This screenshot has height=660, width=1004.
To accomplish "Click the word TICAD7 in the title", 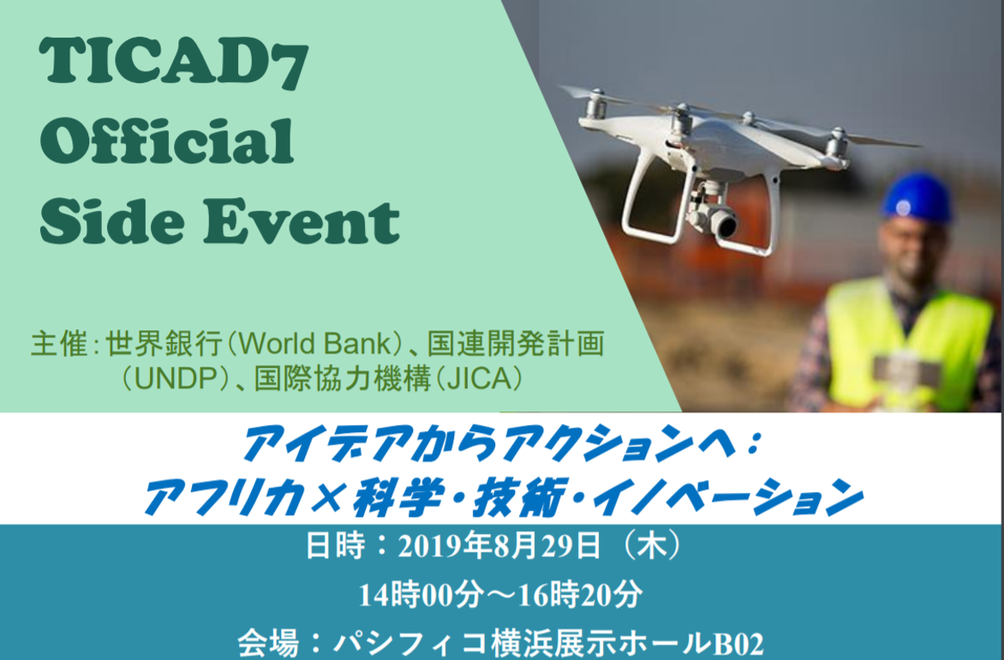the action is [x=174, y=63].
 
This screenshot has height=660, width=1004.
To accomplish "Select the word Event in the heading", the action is [x=302, y=222].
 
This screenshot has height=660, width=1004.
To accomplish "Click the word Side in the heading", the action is [x=113, y=222].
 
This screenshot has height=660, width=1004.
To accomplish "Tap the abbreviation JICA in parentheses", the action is [x=480, y=380].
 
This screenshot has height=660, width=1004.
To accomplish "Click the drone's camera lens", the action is [x=726, y=225].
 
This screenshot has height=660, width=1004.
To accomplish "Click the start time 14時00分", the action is [x=420, y=595].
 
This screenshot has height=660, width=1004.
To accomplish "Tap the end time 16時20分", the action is [x=580, y=595].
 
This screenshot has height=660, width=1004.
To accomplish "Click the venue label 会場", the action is [x=268, y=644].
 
